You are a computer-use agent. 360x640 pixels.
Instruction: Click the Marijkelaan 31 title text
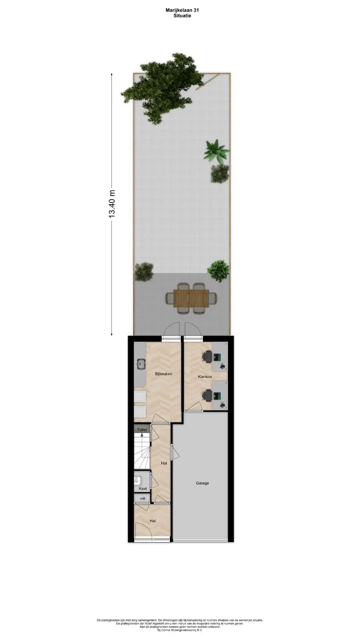pyautogui.click(x=182, y=10)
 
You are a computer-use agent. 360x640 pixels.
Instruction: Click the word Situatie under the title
pyautogui.click(x=182, y=15)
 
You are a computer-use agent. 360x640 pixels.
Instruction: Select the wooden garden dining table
pyautogui.click(x=191, y=298)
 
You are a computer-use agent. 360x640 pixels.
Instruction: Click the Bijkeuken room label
pyautogui.click(x=163, y=374)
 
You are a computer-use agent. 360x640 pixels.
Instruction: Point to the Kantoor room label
pyautogui.click(x=205, y=377)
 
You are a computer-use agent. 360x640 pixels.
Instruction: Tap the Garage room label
pyautogui.click(x=202, y=483)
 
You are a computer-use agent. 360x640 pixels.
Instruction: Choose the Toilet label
pyautogui.click(x=142, y=430)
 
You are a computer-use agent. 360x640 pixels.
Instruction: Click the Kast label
pyautogui.click(x=143, y=489)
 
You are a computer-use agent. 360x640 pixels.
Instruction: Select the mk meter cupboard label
pyautogui.click(x=143, y=499)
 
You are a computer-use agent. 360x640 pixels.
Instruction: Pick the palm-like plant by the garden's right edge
pyautogui.click(x=217, y=151)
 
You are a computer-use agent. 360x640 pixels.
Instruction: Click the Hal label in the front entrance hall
pyautogui.click(x=153, y=521)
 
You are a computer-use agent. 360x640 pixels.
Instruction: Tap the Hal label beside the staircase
pyautogui.click(x=164, y=463)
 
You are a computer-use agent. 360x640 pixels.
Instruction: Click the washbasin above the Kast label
pyautogui.click(x=136, y=480)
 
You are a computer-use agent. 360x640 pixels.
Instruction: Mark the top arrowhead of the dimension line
pyautogui.click(x=112, y=74)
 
